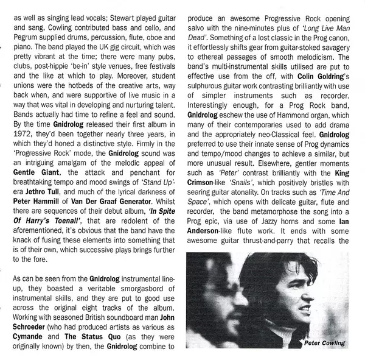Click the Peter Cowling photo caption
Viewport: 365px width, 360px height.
(323, 344)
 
